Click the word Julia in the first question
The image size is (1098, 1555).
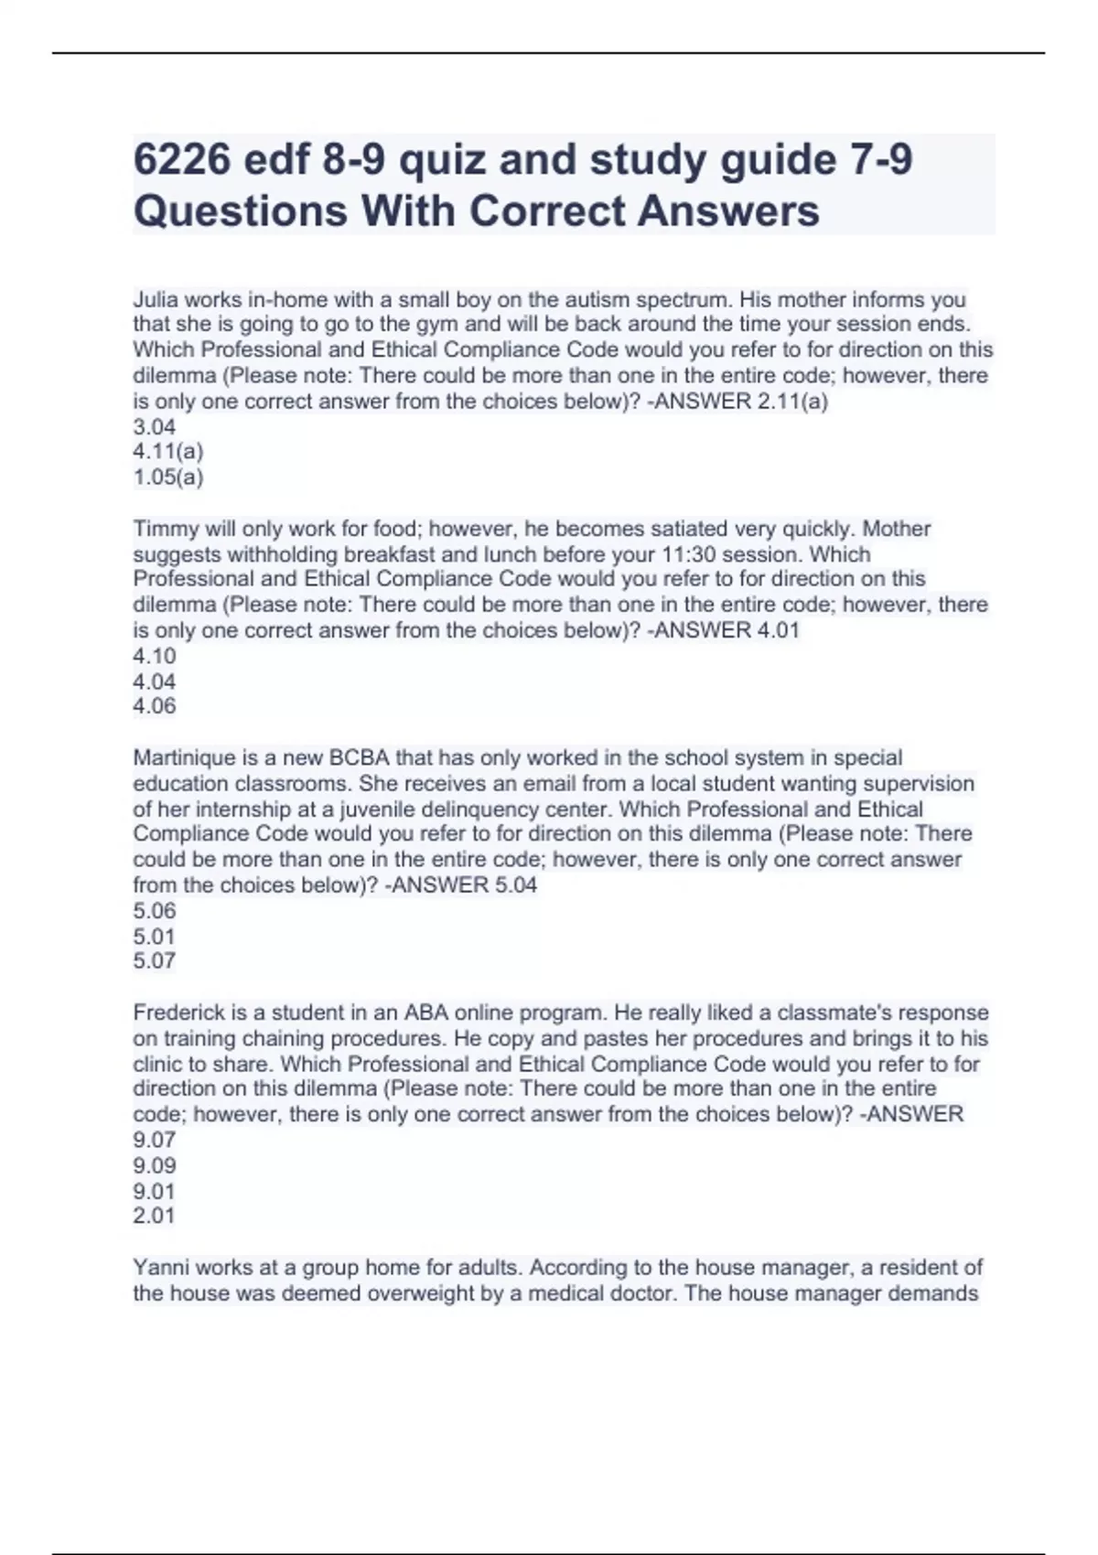tap(156, 299)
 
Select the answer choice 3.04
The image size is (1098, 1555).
tap(154, 426)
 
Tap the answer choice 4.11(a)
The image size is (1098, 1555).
tap(168, 451)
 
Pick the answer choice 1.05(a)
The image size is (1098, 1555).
tap(168, 477)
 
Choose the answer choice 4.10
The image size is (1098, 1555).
tap(154, 656)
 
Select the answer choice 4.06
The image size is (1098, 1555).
tap(154, 706)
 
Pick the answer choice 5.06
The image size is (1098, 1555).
tap(154, 910)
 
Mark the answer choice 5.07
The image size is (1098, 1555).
tap(154, 960)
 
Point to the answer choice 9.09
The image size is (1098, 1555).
tap(154, 1165)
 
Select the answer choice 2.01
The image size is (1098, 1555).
tap(154, 1216)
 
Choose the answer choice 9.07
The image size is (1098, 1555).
tap(154, 1140)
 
